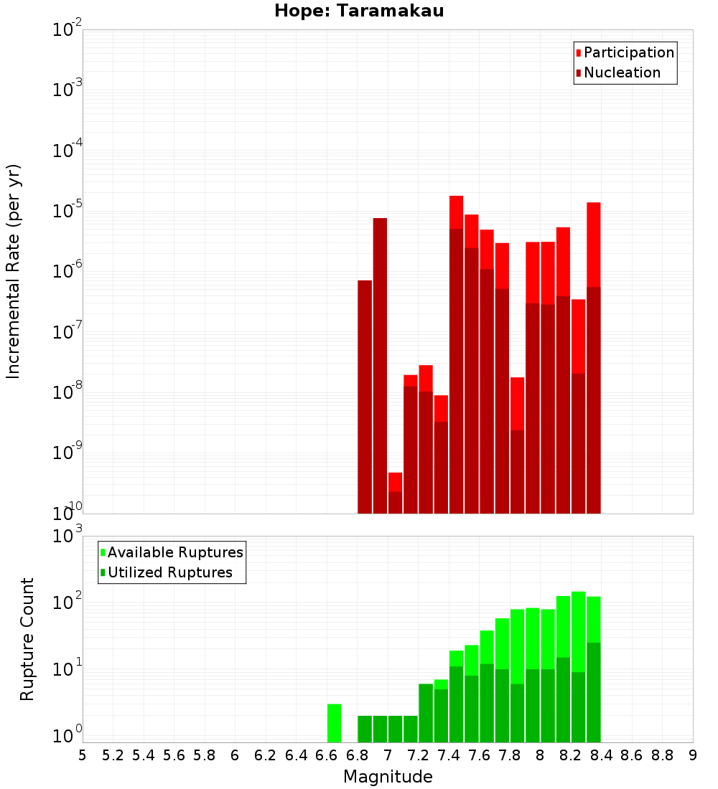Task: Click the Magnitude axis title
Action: [388, 777]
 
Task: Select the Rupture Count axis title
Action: [27, 639]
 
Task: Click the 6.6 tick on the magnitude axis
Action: [327, 755]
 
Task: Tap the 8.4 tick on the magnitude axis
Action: [601, 755]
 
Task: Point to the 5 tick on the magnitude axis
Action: [83, 755]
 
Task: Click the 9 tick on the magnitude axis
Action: [693, 755]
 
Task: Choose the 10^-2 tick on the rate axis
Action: [66, 30]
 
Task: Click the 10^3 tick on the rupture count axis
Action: [66, 536]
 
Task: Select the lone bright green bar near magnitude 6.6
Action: [334, 723]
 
